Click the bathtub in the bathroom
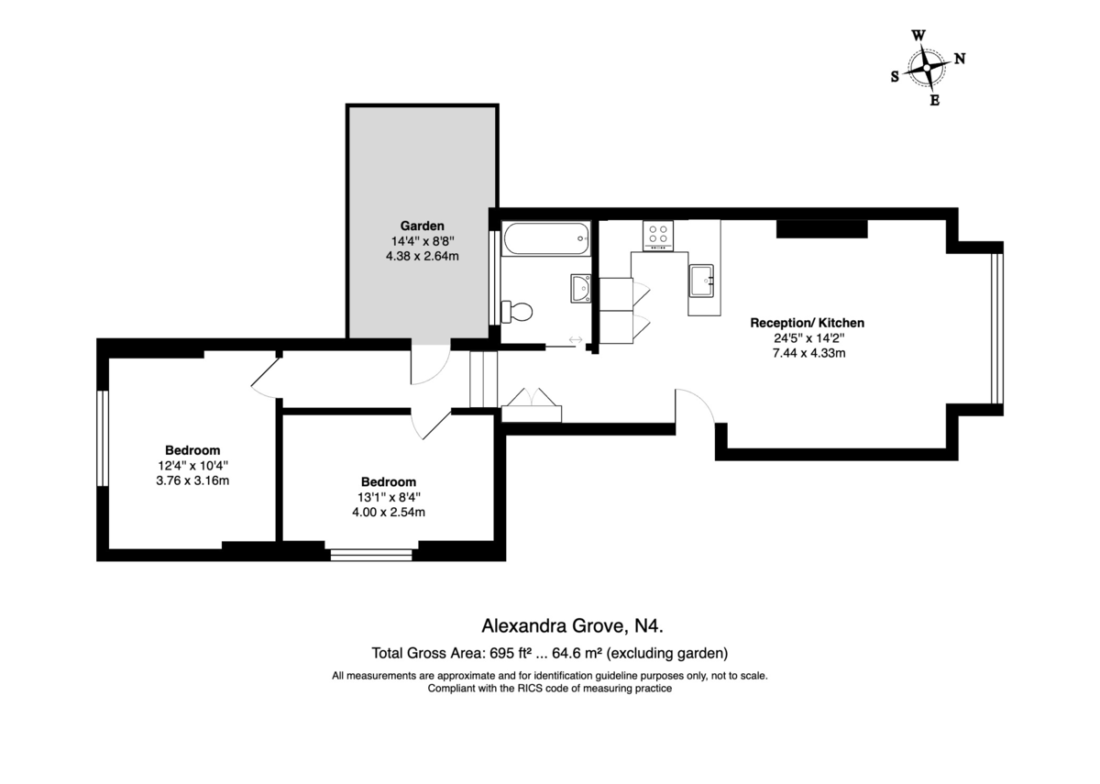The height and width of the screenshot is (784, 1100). click(x=545, y=238)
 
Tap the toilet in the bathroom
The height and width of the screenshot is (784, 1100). click(x=517, y=312)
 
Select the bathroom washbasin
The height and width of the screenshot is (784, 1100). click(x=581, y=288)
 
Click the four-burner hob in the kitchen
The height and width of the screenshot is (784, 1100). click(x=658, y=236)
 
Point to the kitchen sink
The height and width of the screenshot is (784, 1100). click(x=701, y=281)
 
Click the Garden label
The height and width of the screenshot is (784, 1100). click(x=422, y=226)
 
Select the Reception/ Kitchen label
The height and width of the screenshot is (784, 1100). click(x=807, y=323)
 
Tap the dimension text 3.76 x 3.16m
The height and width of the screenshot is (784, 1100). click(x=192, y=480)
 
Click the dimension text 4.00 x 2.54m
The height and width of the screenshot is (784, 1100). click(x=389, y=512)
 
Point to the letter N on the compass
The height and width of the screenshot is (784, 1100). click(x=960, y=59)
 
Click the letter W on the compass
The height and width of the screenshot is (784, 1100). click(x=918, y=36)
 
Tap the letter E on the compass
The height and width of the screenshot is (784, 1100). click(x=934, y=101)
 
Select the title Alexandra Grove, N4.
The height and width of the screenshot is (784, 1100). click(x=572, y=625)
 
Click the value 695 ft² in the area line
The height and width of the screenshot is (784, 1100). click(x=511, y=653)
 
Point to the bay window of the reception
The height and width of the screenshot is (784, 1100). click(x=997, y=328)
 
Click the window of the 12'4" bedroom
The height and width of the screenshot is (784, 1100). click(x=102, y=438)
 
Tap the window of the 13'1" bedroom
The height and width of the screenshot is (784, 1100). click(x=371, y=555)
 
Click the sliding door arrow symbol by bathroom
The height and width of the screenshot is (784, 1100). click(x=576, y=339)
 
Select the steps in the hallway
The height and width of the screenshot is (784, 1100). click(x=484, y=380)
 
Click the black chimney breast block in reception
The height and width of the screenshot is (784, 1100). click(x=821, y=229)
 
